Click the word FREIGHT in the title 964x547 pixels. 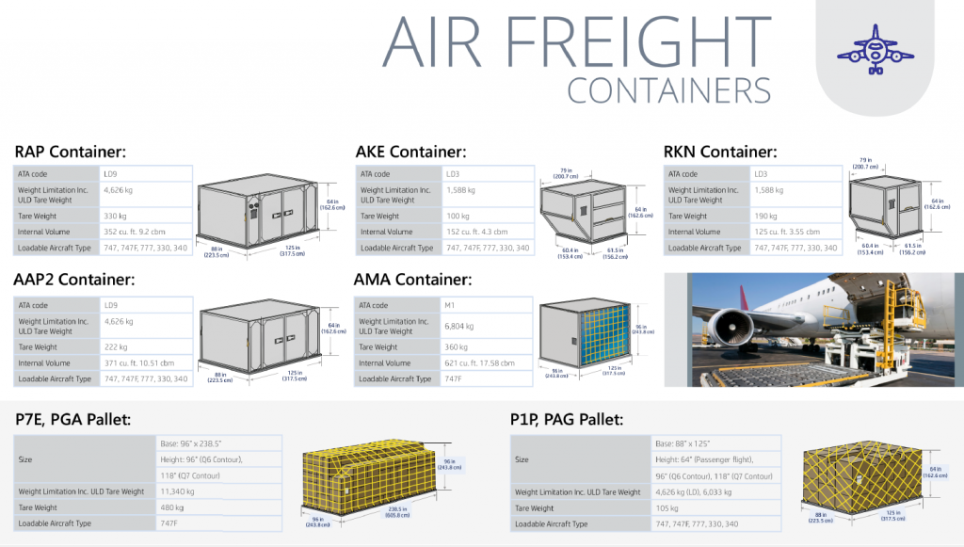click(x=635, y=42)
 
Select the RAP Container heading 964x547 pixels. click(x=71, y=152)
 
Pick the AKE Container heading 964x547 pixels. click(x=410, y=152)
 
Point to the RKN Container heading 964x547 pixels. click(x=720, y=152)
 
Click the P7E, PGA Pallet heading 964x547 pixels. click(x=72, y=418)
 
